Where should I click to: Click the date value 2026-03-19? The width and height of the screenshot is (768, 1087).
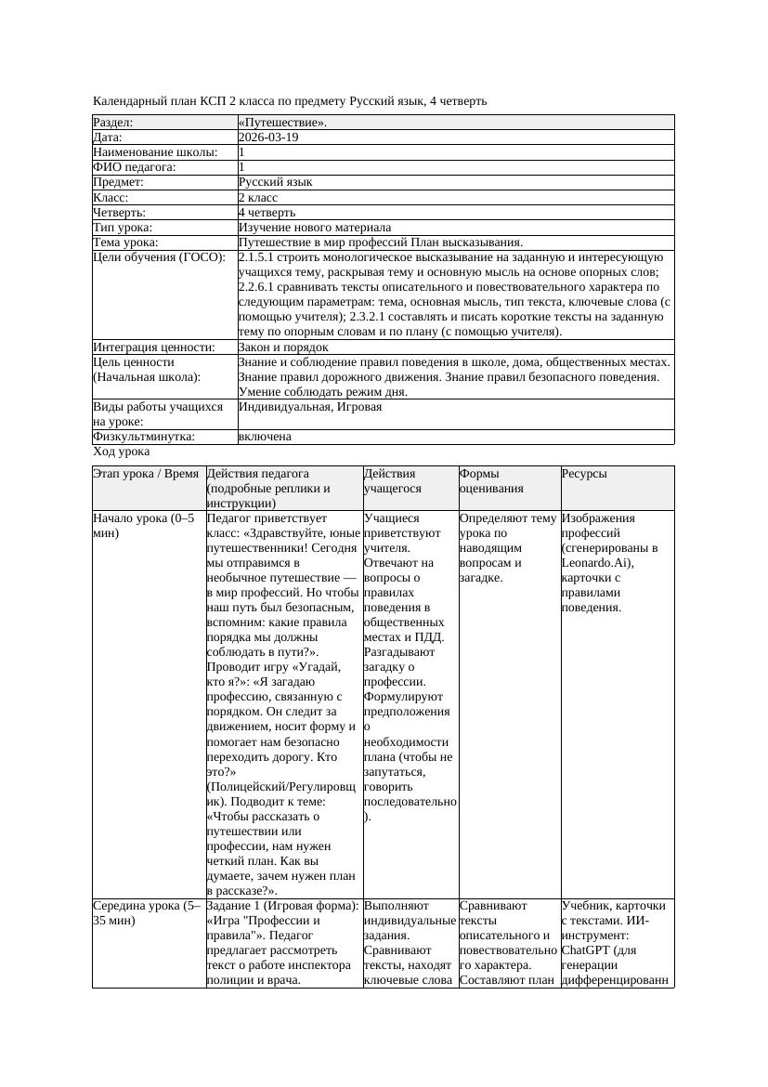(x=268, y=138)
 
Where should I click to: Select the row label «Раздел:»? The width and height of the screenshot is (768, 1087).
(x=113, y=123)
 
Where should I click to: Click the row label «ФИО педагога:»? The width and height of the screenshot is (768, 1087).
(x=135, y=167)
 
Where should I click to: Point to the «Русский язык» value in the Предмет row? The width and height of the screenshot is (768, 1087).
(x=276, y=182)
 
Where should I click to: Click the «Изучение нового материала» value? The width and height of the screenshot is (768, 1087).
(x=315, y=227)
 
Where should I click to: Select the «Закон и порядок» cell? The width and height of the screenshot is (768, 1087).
(x=283, y=347)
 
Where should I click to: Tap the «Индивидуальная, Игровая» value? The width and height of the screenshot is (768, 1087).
(x=310, y=407)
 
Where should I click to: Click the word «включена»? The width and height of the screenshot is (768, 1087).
(x=265, y=437)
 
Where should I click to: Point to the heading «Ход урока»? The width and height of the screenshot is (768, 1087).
(x=122, y=452)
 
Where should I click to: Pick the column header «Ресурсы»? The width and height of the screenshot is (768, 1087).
(x=584, y=474)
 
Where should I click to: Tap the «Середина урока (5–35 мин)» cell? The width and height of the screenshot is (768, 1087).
(x=148, y=912)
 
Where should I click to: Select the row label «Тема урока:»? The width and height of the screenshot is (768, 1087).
(x=125, y=242)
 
